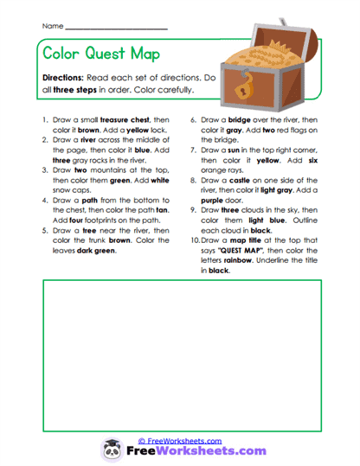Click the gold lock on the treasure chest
249,86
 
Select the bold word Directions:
70,77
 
